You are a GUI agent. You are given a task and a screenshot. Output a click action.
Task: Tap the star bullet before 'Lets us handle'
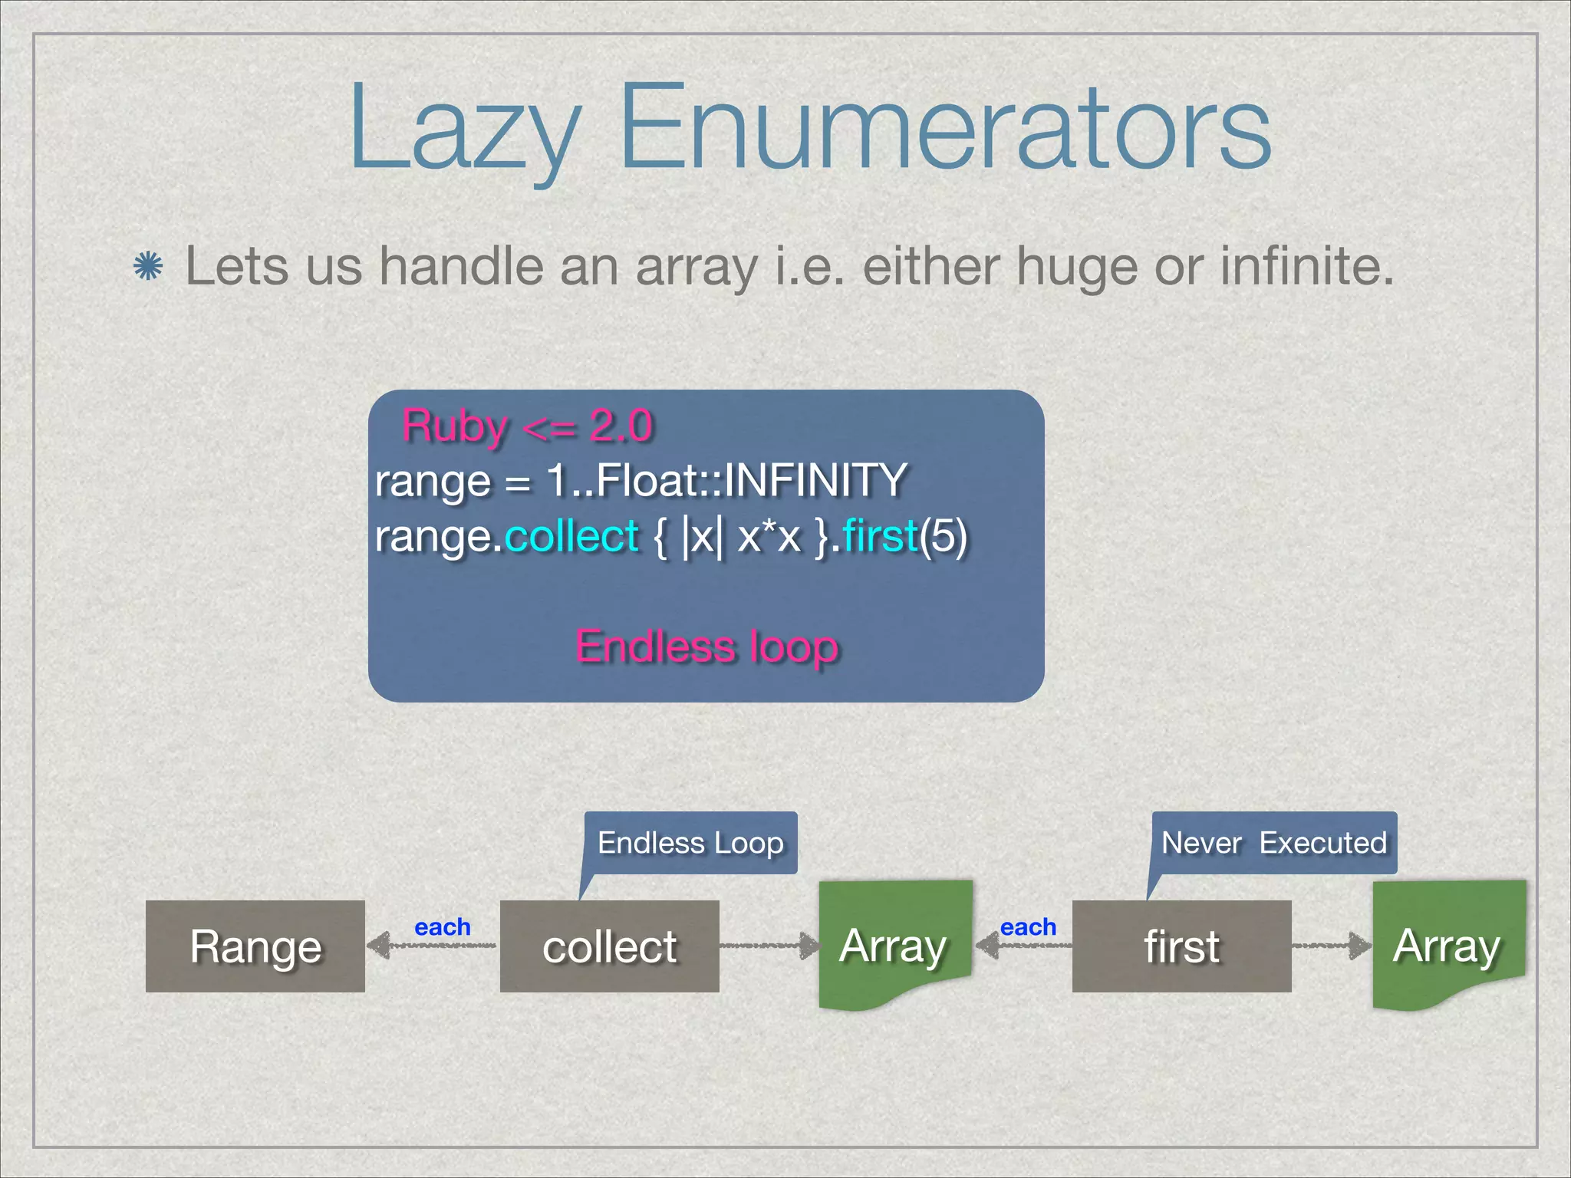(x=148, y=267)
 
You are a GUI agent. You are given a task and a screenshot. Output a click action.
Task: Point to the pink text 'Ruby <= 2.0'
(x=528, y=426)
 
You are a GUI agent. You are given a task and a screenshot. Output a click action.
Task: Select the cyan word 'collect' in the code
(x=571, y=535)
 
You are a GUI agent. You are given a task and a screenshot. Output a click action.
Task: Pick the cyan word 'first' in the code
(x=880, y=535)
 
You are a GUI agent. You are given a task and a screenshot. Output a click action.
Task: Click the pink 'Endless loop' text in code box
(x=706, y=647)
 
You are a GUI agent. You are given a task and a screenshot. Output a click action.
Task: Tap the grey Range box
(x=255, y=946)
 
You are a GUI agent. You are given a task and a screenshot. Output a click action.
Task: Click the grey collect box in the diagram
(x=609, y=946)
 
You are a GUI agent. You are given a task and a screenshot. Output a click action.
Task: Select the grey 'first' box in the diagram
(x=1181, y=946)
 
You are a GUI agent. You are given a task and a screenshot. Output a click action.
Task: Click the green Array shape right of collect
(x=894, y=945)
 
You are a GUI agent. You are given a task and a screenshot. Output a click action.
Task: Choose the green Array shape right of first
(x=1447, y=945)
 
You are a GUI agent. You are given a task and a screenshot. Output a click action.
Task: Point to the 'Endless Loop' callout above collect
(x=690, y=843)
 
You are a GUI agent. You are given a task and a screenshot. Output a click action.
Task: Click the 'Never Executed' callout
(x=1273, y=843)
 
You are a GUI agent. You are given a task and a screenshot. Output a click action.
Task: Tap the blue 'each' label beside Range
(x=442, y=927)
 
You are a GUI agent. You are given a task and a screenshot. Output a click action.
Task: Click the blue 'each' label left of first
(x=1028, y=927)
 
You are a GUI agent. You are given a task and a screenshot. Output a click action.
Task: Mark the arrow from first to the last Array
(x=1331, y=946)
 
